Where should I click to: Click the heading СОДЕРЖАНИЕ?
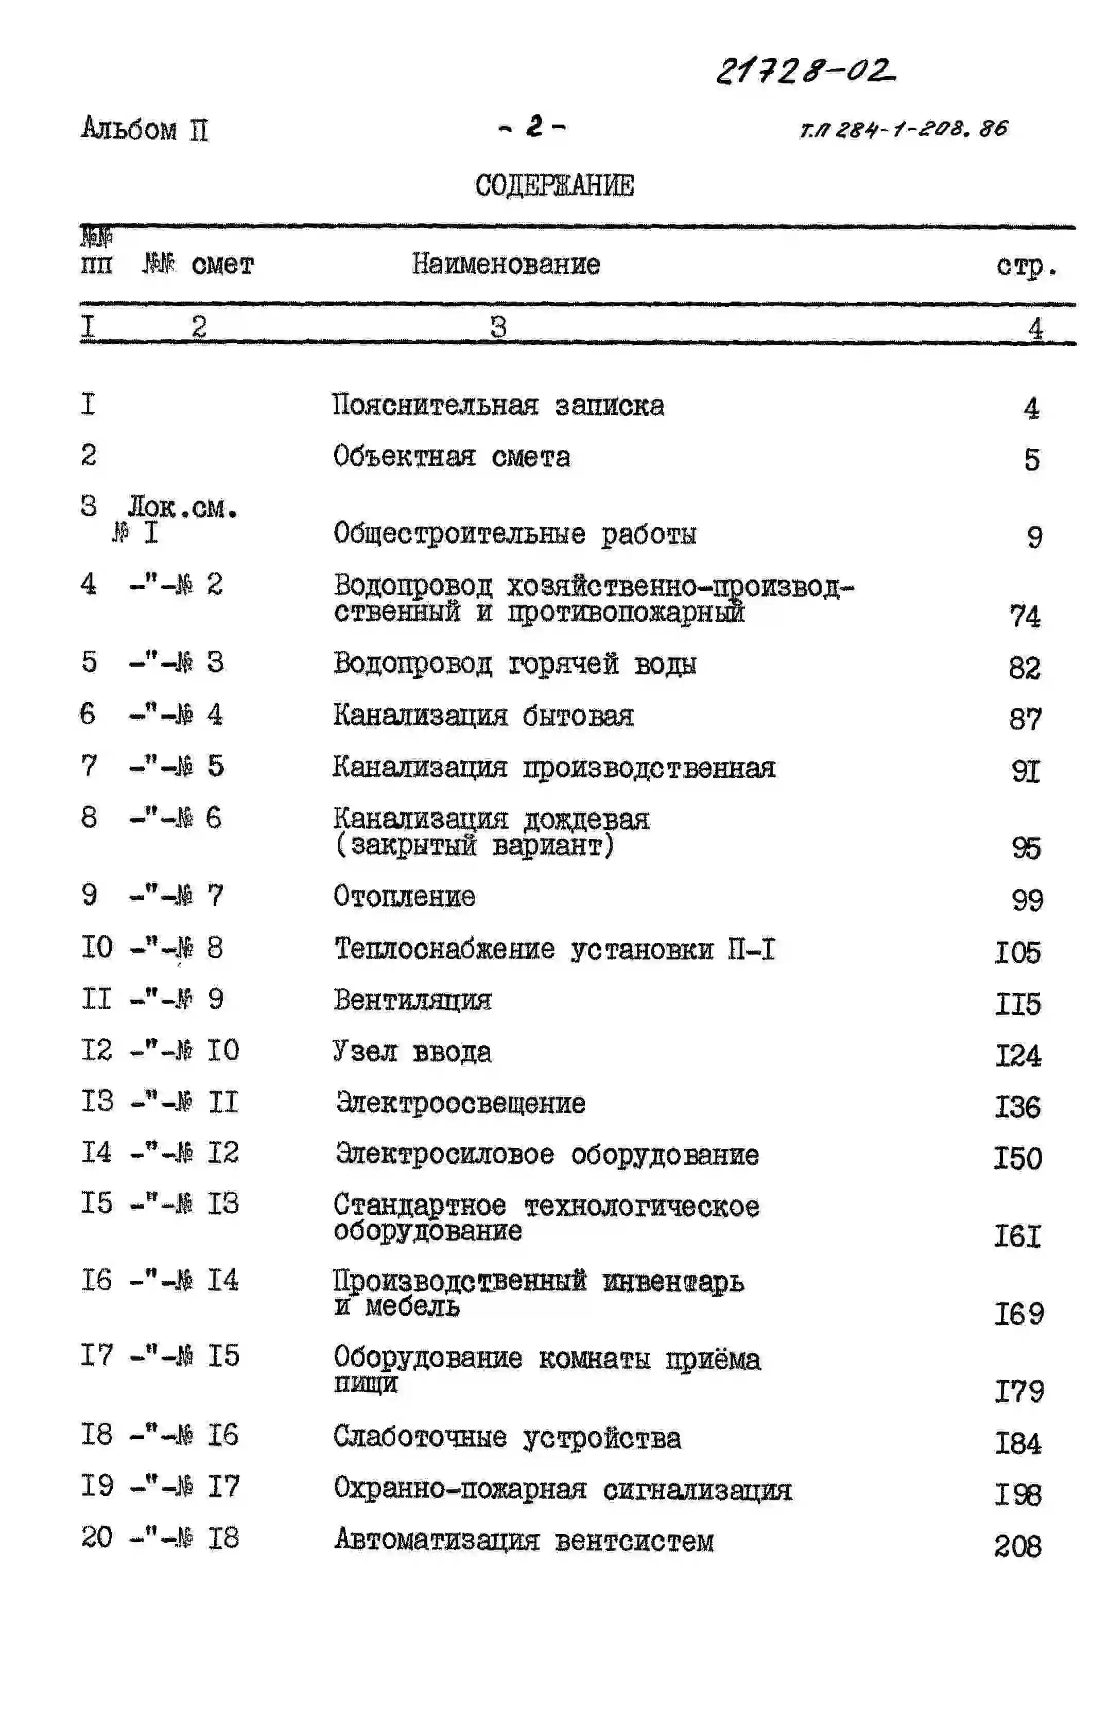pos(554,185)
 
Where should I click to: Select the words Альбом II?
pos(145,129)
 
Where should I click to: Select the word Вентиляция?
pos(412,1000)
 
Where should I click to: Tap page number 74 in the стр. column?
pos(1024,616)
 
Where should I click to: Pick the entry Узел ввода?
pos(412,1051)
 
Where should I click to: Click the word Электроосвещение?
pos(460,1103)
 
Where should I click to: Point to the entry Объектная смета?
pos(452,457)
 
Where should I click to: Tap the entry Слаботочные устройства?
pos(507,1438)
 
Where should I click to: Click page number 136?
pos(1017,1107)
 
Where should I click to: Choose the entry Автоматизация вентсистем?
pos(523,1541)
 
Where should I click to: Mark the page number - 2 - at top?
pos(532,127)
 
